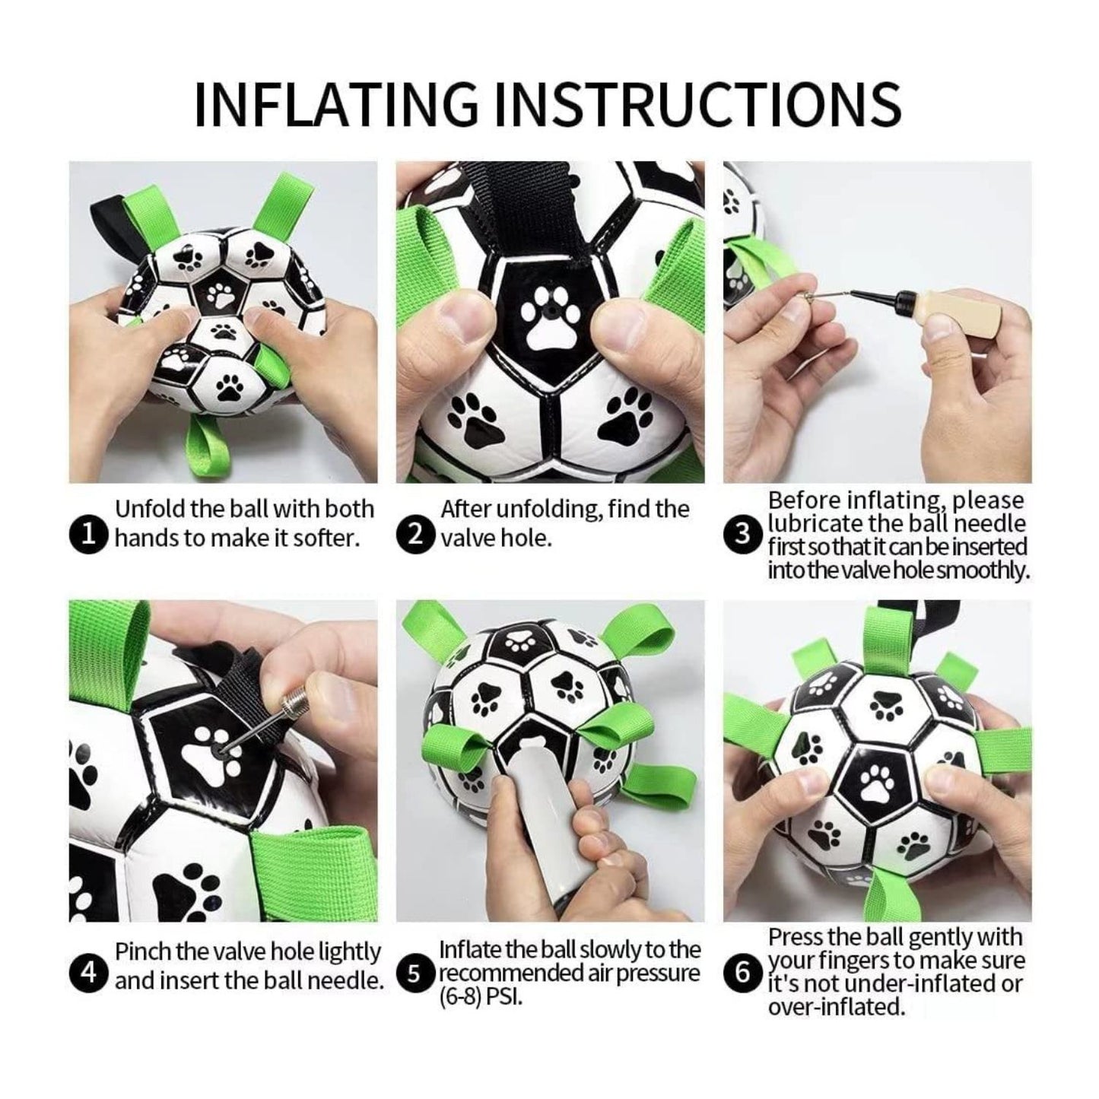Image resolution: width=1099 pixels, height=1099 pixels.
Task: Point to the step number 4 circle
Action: [x=89, y=973]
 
